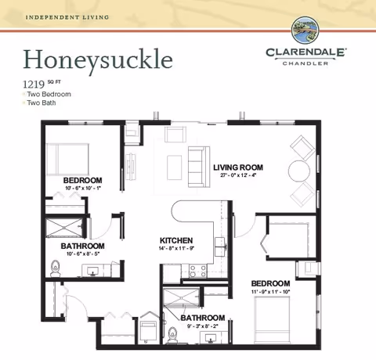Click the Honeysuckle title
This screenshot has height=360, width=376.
click(x=98, y=58)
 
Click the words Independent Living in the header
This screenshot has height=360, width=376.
click(x=56, y=16)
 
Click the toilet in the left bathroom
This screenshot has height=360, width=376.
click(x=55, y=268)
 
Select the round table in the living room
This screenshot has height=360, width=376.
click(x=298, y=171)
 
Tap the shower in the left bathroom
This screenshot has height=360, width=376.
click(x=65, y=226)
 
